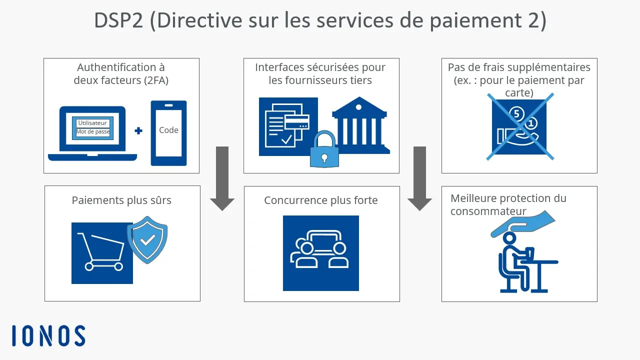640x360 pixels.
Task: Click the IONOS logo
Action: (x=48, y=335)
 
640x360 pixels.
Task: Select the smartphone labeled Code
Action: (x=168, y=133)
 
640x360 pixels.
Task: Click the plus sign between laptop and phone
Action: (x=138, y=130)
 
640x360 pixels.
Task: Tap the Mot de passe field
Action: (x=93, y=132)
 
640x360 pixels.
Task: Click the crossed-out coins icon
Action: (x=520, y=126)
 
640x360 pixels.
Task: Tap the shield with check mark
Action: (x=147, y=239)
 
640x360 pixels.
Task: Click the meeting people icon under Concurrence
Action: (x=320, y=252)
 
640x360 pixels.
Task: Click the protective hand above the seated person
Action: (x=522, y=223)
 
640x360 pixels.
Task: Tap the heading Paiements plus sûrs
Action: (x=121, y=200)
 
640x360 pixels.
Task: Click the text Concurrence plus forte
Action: (x=321, y=200)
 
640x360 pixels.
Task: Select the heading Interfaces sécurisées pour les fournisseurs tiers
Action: (x=320, y=73)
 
